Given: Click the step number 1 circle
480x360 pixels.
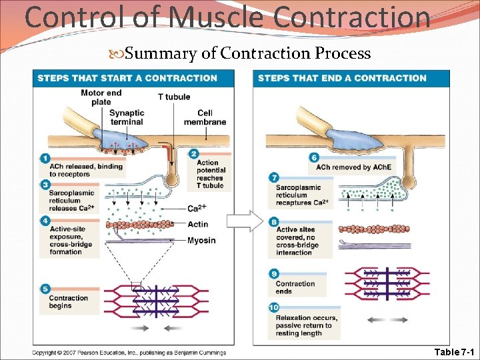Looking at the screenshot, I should pyautogui.click(x=45, y=158).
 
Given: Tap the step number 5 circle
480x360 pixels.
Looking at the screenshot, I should pyautogui.click(x=45, y=289).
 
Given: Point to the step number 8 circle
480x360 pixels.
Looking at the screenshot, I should pyautogui.click(x=274, y=221).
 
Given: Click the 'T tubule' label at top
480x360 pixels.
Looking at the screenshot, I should pyautogui.click(x=173, y=97).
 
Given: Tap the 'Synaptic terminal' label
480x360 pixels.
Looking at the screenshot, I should pyautogui.click(x=126, y=117).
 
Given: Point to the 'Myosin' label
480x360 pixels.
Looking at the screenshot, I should pyautogui.click(x=201, y=240).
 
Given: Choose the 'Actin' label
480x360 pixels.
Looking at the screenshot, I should pyautogui.click(x=197, y=224).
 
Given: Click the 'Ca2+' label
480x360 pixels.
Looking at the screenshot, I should pyautogui.click(x=196, y=209).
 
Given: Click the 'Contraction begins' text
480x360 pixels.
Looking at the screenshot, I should pyautogui.click(x=68, y=302).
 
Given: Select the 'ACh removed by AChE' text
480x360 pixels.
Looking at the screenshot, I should pyautogui.click(x=353, y=167).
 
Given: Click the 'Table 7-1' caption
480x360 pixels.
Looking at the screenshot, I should pyautogui.click(x=453, y=351).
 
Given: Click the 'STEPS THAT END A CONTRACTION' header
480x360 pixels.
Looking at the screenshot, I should pyautogui.click(x=342, y=78).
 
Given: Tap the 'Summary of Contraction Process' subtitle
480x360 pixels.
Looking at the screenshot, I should pyautogui.click(x=247, y=53).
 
